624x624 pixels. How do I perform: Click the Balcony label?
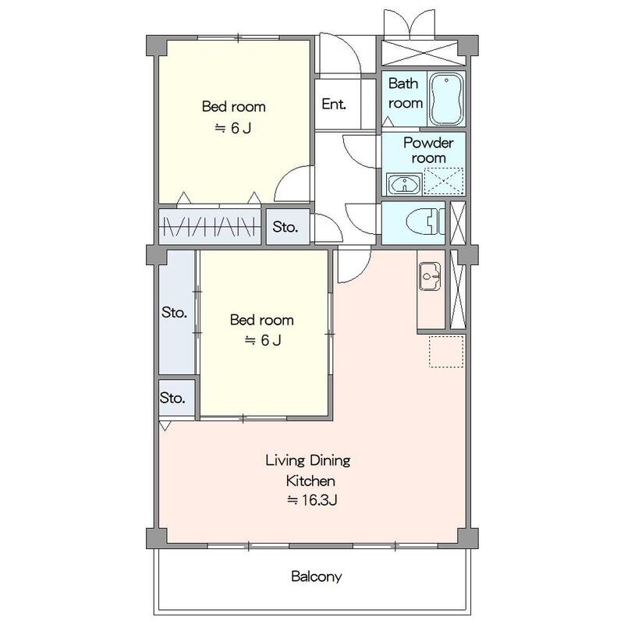(x=317, y=576)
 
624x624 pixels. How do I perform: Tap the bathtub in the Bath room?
(x=446, y=99)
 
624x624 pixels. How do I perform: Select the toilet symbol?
(x=423, y=222)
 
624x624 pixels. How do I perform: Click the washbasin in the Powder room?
(x=404, y=184)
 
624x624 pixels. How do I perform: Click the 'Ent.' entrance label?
(x=334, y=104)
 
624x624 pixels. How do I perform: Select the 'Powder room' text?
(x=428, y=151)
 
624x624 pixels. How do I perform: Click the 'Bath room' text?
(x=405, y=93)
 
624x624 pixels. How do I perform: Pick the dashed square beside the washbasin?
(x=444, y=182)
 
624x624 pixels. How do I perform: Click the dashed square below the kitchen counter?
(x=446, y=352)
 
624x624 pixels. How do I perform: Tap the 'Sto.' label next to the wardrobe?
(x=285, y=227)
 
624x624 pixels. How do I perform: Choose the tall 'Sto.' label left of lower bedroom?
(x=174, y=313)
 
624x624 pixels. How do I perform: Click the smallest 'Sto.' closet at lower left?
(x=177, y=398)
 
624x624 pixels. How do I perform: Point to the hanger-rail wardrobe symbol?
(x=209, y=227)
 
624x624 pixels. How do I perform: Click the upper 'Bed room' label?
(x=233, y=107)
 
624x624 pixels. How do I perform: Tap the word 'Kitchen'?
(x=310, y=480)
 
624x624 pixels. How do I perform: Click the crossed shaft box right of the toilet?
(x=458, y=223)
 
